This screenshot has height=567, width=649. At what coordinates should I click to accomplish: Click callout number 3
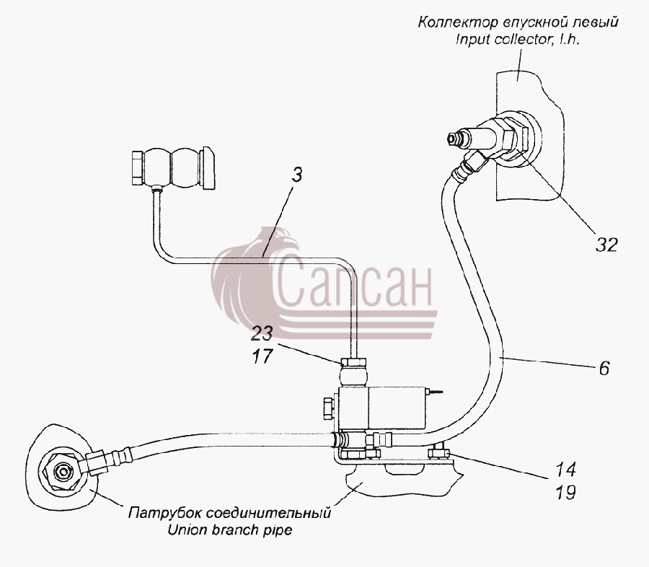point(296,175)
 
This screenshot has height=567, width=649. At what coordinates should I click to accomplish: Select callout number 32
point(606,245)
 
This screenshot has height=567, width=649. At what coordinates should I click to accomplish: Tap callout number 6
point(604,368)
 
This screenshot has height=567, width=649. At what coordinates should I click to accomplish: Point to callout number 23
point(262,333)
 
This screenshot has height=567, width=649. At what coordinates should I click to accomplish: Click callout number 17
point(262,356)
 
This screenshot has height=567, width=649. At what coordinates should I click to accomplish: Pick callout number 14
point(565,470)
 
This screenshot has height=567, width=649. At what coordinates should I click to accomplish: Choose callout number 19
point(565,493)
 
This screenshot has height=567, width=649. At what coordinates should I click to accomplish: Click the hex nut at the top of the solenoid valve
point(353,362)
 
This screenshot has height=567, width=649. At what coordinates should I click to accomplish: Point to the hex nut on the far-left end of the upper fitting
point(138,168)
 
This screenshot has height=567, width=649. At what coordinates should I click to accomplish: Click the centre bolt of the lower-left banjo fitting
point(63,472)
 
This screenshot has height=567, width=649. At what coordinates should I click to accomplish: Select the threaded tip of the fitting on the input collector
point(455,139)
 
